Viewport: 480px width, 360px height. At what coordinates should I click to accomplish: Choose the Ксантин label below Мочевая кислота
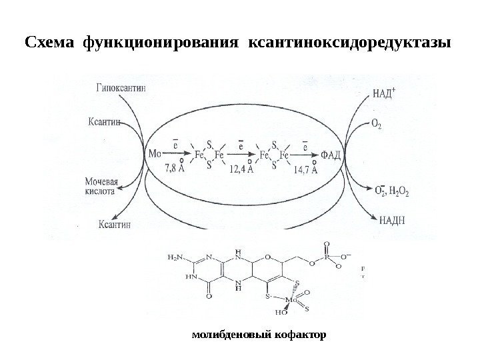tap(114, 225)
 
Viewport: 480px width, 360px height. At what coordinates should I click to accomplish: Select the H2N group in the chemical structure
tap(177, 256)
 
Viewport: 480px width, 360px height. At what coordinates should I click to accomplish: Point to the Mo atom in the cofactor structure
tap(291, 300)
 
